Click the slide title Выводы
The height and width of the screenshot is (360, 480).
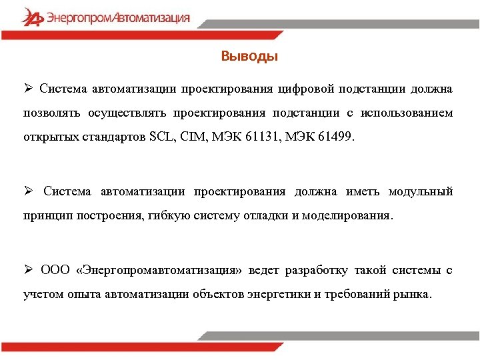[249, 57]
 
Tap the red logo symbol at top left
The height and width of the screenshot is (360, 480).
[31, 17]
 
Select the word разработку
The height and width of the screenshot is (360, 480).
[317, 270]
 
